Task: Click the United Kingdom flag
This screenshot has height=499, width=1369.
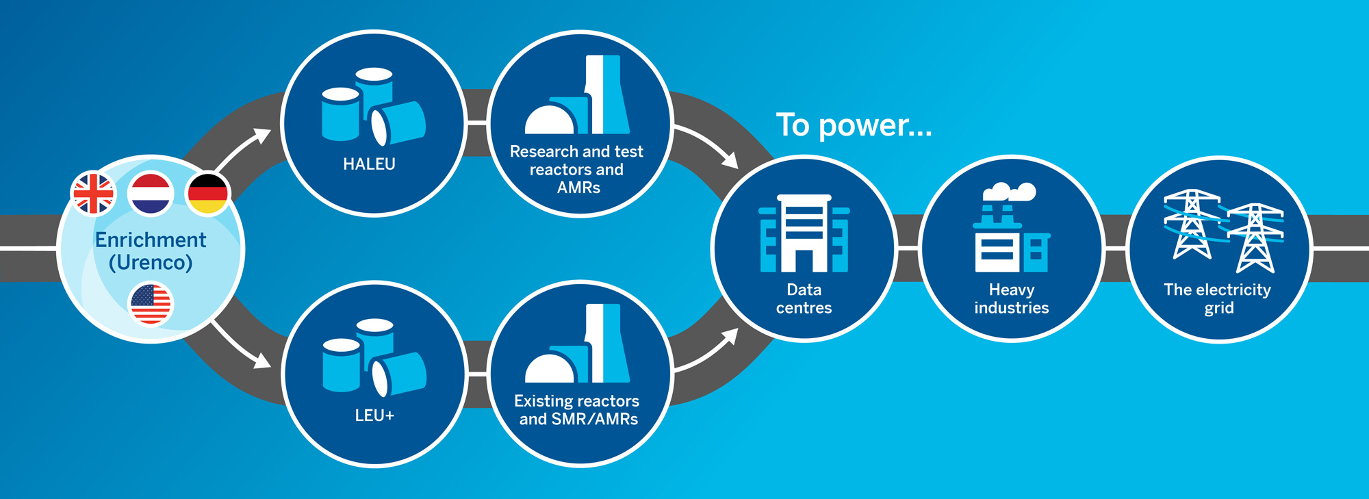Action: (93, 194)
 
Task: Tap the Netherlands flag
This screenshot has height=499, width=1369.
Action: (150, 194)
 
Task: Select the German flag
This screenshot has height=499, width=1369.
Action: (207, 194)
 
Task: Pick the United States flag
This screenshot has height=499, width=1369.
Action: (151, 305)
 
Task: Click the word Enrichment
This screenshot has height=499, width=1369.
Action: (151, 240)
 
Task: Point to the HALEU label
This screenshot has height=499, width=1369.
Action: (369, 164)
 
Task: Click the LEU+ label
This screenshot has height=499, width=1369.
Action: (374, 415)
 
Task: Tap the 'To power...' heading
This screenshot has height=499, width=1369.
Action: (854, 125)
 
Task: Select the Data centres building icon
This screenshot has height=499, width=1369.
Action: (804, 233)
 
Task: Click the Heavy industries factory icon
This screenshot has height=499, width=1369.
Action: (1011, 243)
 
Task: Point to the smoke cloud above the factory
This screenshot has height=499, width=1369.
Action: (1010, 192)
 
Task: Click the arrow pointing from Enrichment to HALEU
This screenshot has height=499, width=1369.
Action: (244, 148)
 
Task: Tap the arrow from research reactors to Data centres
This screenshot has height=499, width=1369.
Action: (708, 144)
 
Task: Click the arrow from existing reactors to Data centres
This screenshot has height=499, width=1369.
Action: (708, 350)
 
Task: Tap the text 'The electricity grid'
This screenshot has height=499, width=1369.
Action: (1218, 298)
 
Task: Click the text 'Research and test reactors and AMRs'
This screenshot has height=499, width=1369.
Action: (577, 169)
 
